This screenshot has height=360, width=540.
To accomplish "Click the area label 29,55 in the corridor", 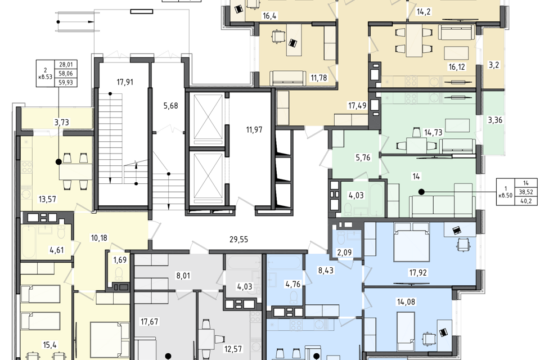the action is pos(238,240).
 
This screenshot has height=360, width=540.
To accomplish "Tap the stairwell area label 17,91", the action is pos(125,82).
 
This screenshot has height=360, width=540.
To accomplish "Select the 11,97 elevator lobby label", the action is pos(254,130).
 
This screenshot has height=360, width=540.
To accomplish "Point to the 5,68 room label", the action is pos(171,106).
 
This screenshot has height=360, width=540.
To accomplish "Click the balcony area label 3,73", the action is pos(62,122).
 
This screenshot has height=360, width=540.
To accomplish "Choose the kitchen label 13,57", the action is pos(47,199).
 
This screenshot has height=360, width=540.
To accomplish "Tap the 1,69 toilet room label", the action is pos(120,260).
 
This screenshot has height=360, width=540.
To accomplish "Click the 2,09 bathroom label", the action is pos(344,253).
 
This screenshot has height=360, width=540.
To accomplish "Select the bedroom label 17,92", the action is pos(418,273).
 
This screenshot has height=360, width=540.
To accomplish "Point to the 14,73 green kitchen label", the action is pos(433,132).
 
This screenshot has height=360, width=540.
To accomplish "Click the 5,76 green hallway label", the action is pos(363,157).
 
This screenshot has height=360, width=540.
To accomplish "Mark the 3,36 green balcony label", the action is pos(495,120).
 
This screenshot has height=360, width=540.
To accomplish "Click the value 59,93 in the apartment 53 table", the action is pos(66,82).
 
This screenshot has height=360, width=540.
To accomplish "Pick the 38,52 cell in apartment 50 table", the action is pos(526,192).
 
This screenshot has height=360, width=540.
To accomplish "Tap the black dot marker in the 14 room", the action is pos(421,192).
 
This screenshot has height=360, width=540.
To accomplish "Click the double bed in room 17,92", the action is pos(412,242).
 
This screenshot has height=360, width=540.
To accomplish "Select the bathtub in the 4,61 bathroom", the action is pos(29,242).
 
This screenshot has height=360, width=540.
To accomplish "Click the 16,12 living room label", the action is pos(457,67).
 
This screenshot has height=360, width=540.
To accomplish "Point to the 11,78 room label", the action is pos(318,78).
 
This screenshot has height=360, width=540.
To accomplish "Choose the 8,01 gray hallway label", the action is pos(183,276).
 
